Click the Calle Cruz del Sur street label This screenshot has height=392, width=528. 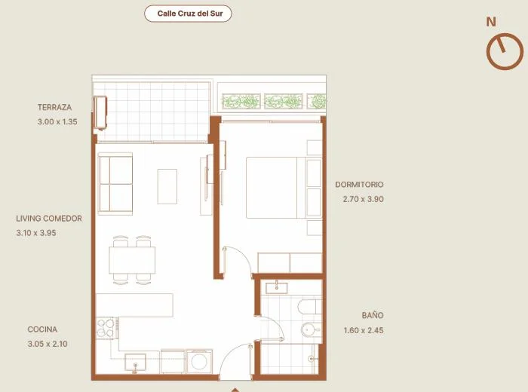pyautogui.click(x=190, y=14)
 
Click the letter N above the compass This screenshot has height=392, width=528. pyautogui.click(x=491, y=22)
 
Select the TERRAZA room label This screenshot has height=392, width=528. pyautogui.click(x=54, y=107)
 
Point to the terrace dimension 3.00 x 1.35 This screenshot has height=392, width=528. pyautogui.click(x=57, y=122)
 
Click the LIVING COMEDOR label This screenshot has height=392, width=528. pyautogui.click(x=49, y=219)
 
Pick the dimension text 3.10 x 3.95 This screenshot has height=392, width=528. pyautogui.click(x=36, y=233)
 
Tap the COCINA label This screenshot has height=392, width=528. pyautogui.click(x=42, y=329)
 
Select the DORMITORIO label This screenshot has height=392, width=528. pyautogui.click(x=359, y=185)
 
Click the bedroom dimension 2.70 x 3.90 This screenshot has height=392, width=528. pyautogui.click(x=364, y=199)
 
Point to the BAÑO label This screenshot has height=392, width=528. pyautogui.click(x=373, y=315)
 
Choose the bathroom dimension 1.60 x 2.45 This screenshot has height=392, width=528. pyautogui.click(x=364, y=330)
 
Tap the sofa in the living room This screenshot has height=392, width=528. pyautogui.click(x=115, y=184)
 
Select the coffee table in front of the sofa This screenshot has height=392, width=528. pyautogui.click(x=167, y=186)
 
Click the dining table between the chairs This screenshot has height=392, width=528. pyautogui.click(x=132, y=260)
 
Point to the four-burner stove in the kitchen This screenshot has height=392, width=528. pyautogui.click(x=106, y=328)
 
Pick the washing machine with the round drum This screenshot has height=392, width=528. pyautogui.click(x=199, y=362)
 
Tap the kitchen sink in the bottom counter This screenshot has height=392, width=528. pyautogui.click(x=135, y=363)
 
